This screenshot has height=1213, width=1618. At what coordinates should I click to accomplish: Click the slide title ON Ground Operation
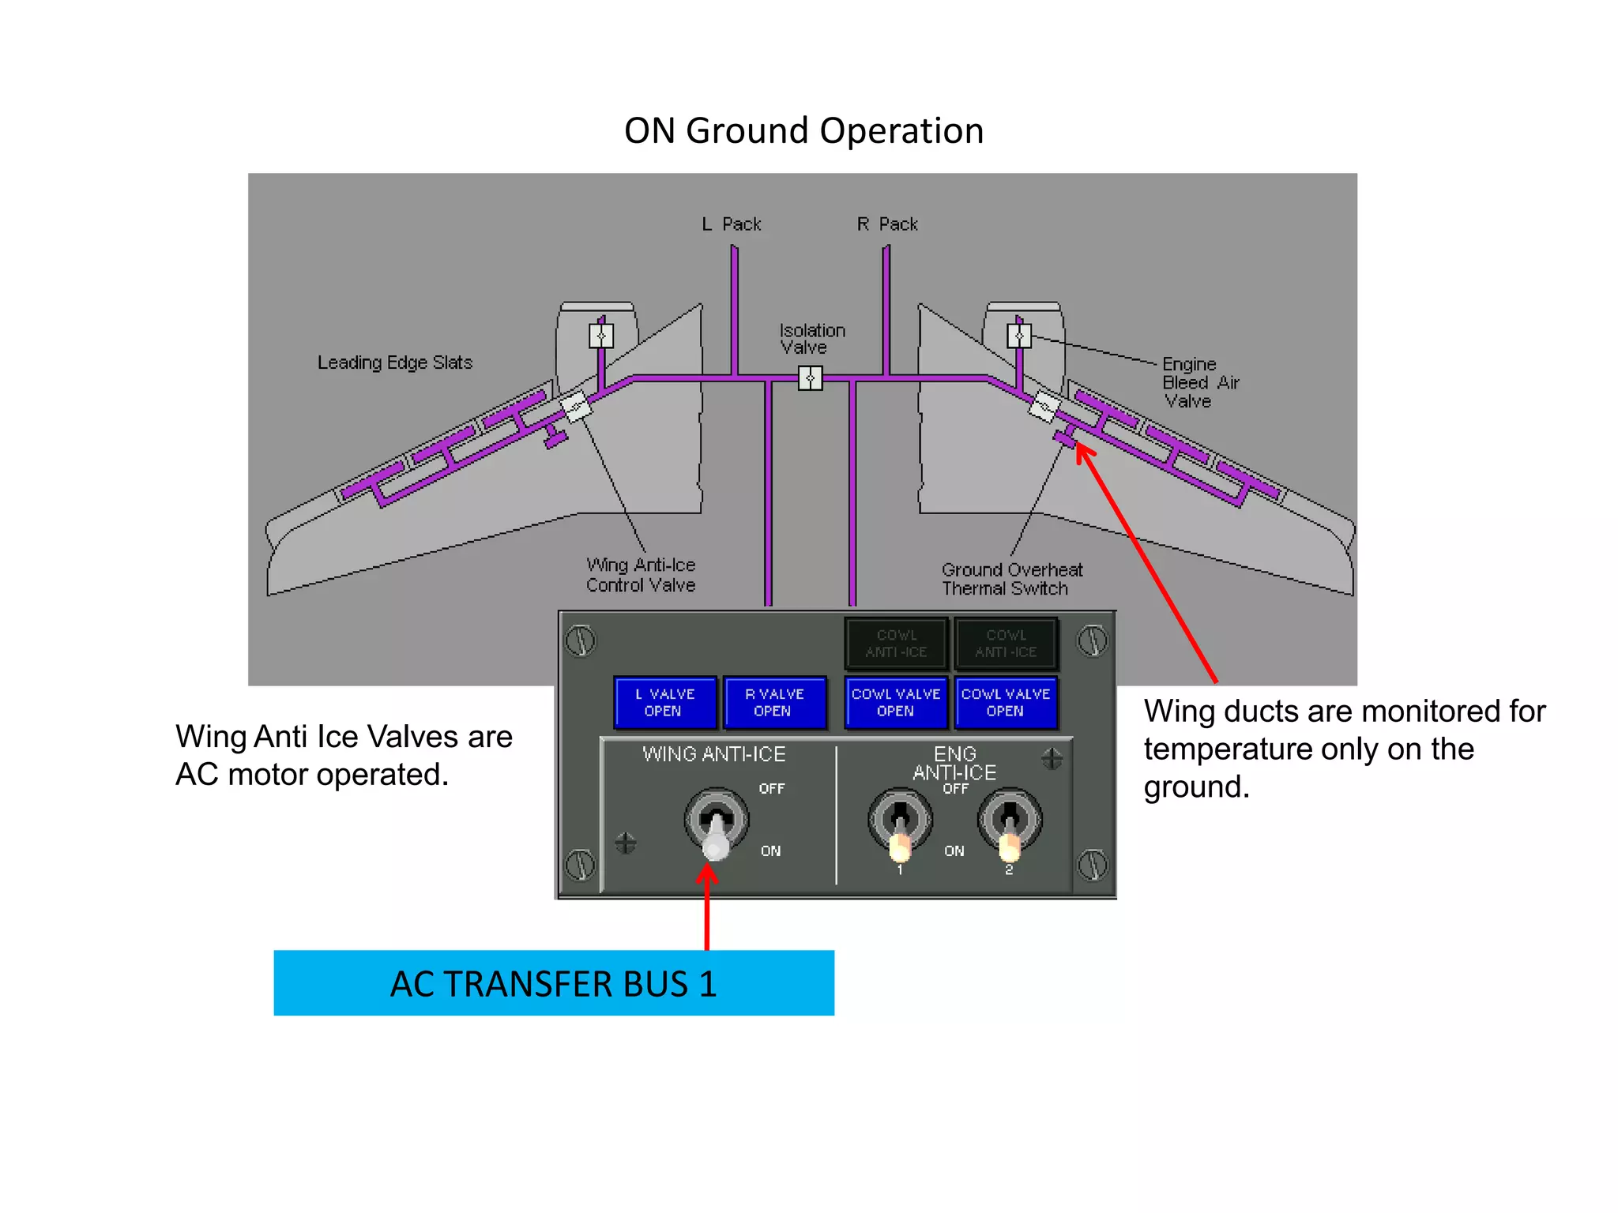[803, 131]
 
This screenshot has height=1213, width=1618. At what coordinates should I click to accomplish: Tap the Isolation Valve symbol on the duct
[810, 379]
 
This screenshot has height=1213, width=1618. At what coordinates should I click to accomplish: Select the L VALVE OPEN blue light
[665, 702]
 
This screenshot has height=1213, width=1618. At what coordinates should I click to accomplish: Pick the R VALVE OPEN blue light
[774, 702]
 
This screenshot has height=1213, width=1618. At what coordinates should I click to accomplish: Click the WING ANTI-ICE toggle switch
[717, 825]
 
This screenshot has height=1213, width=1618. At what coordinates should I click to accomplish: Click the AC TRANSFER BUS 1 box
[554, 983]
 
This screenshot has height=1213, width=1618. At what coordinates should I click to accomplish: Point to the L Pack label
[732, 224]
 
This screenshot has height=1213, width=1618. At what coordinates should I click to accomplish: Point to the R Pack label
[887, 224]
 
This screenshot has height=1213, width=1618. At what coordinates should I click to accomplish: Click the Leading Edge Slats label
[395, 362]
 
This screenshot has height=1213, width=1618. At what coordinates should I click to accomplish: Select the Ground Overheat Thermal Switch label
[1011, 579]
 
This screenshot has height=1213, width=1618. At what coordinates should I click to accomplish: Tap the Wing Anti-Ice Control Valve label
[641, 575]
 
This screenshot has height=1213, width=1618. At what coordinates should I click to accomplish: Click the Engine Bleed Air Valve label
[1200, 382]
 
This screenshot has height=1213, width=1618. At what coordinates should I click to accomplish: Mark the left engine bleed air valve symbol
[601, 336]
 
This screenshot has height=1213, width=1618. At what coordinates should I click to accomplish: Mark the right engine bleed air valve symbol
[1019, 336]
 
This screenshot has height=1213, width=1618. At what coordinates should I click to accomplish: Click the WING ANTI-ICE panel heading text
[714, 754]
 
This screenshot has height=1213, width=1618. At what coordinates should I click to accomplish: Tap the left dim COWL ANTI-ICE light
[896, 644]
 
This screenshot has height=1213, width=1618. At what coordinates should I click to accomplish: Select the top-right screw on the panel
[1093, 640]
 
